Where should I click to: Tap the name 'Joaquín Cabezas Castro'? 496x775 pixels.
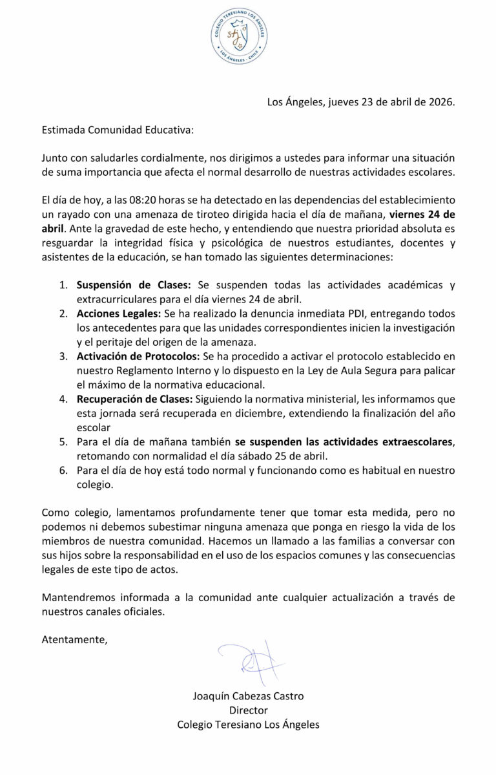[x=248, y=696]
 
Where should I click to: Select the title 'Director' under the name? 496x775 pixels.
[x=248, y=710]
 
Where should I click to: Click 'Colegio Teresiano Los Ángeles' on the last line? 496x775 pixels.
[x=248, y=725]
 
